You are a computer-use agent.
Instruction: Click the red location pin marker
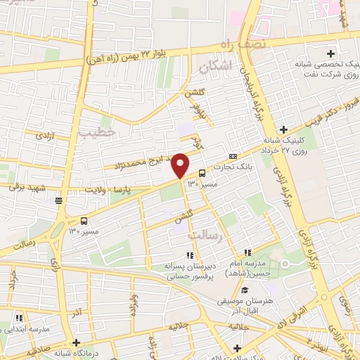click(x=180, y=165)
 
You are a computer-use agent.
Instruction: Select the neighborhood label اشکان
click(x=214, y=67)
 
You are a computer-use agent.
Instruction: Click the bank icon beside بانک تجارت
click(x=233, y=156)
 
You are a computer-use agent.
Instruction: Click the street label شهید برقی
click(x=25, y=186)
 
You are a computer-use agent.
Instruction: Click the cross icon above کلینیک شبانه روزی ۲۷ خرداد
click(x=283, y=129)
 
